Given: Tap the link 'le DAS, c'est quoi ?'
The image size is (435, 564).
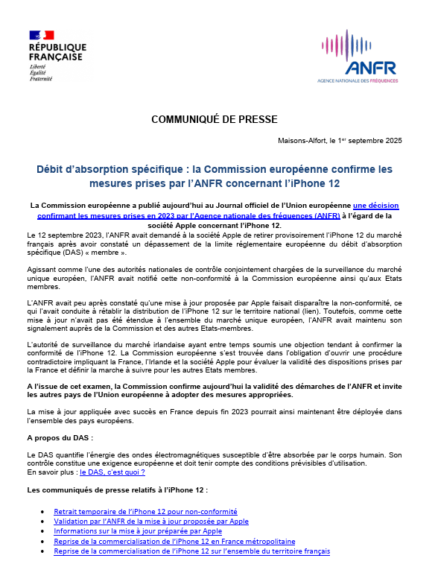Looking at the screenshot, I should pos(112,472).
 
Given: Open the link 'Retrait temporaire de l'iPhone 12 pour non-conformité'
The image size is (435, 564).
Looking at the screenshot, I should pos(145,512).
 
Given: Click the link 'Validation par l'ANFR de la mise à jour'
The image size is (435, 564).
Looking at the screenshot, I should pos(151,522).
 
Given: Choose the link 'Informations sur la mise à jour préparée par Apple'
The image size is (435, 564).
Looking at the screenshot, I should pos(138,531).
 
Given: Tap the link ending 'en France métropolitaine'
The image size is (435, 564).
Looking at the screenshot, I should pos(174,542).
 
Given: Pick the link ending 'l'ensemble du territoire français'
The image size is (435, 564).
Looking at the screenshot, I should pos(192,551).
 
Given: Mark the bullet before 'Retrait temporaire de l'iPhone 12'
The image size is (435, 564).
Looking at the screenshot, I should pos(46,513).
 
